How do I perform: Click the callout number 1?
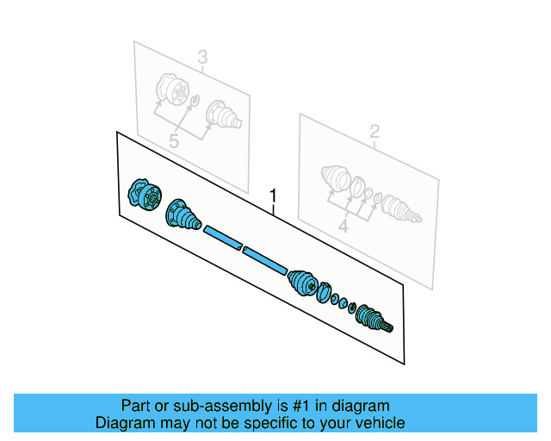(274, 195)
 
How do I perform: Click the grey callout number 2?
(375, 131)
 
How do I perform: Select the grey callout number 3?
(202, 58)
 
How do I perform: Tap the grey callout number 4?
(343, 227)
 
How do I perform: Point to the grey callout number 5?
(174, 140)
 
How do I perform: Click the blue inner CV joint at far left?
(141, 195)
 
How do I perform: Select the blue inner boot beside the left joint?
(182, 214)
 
